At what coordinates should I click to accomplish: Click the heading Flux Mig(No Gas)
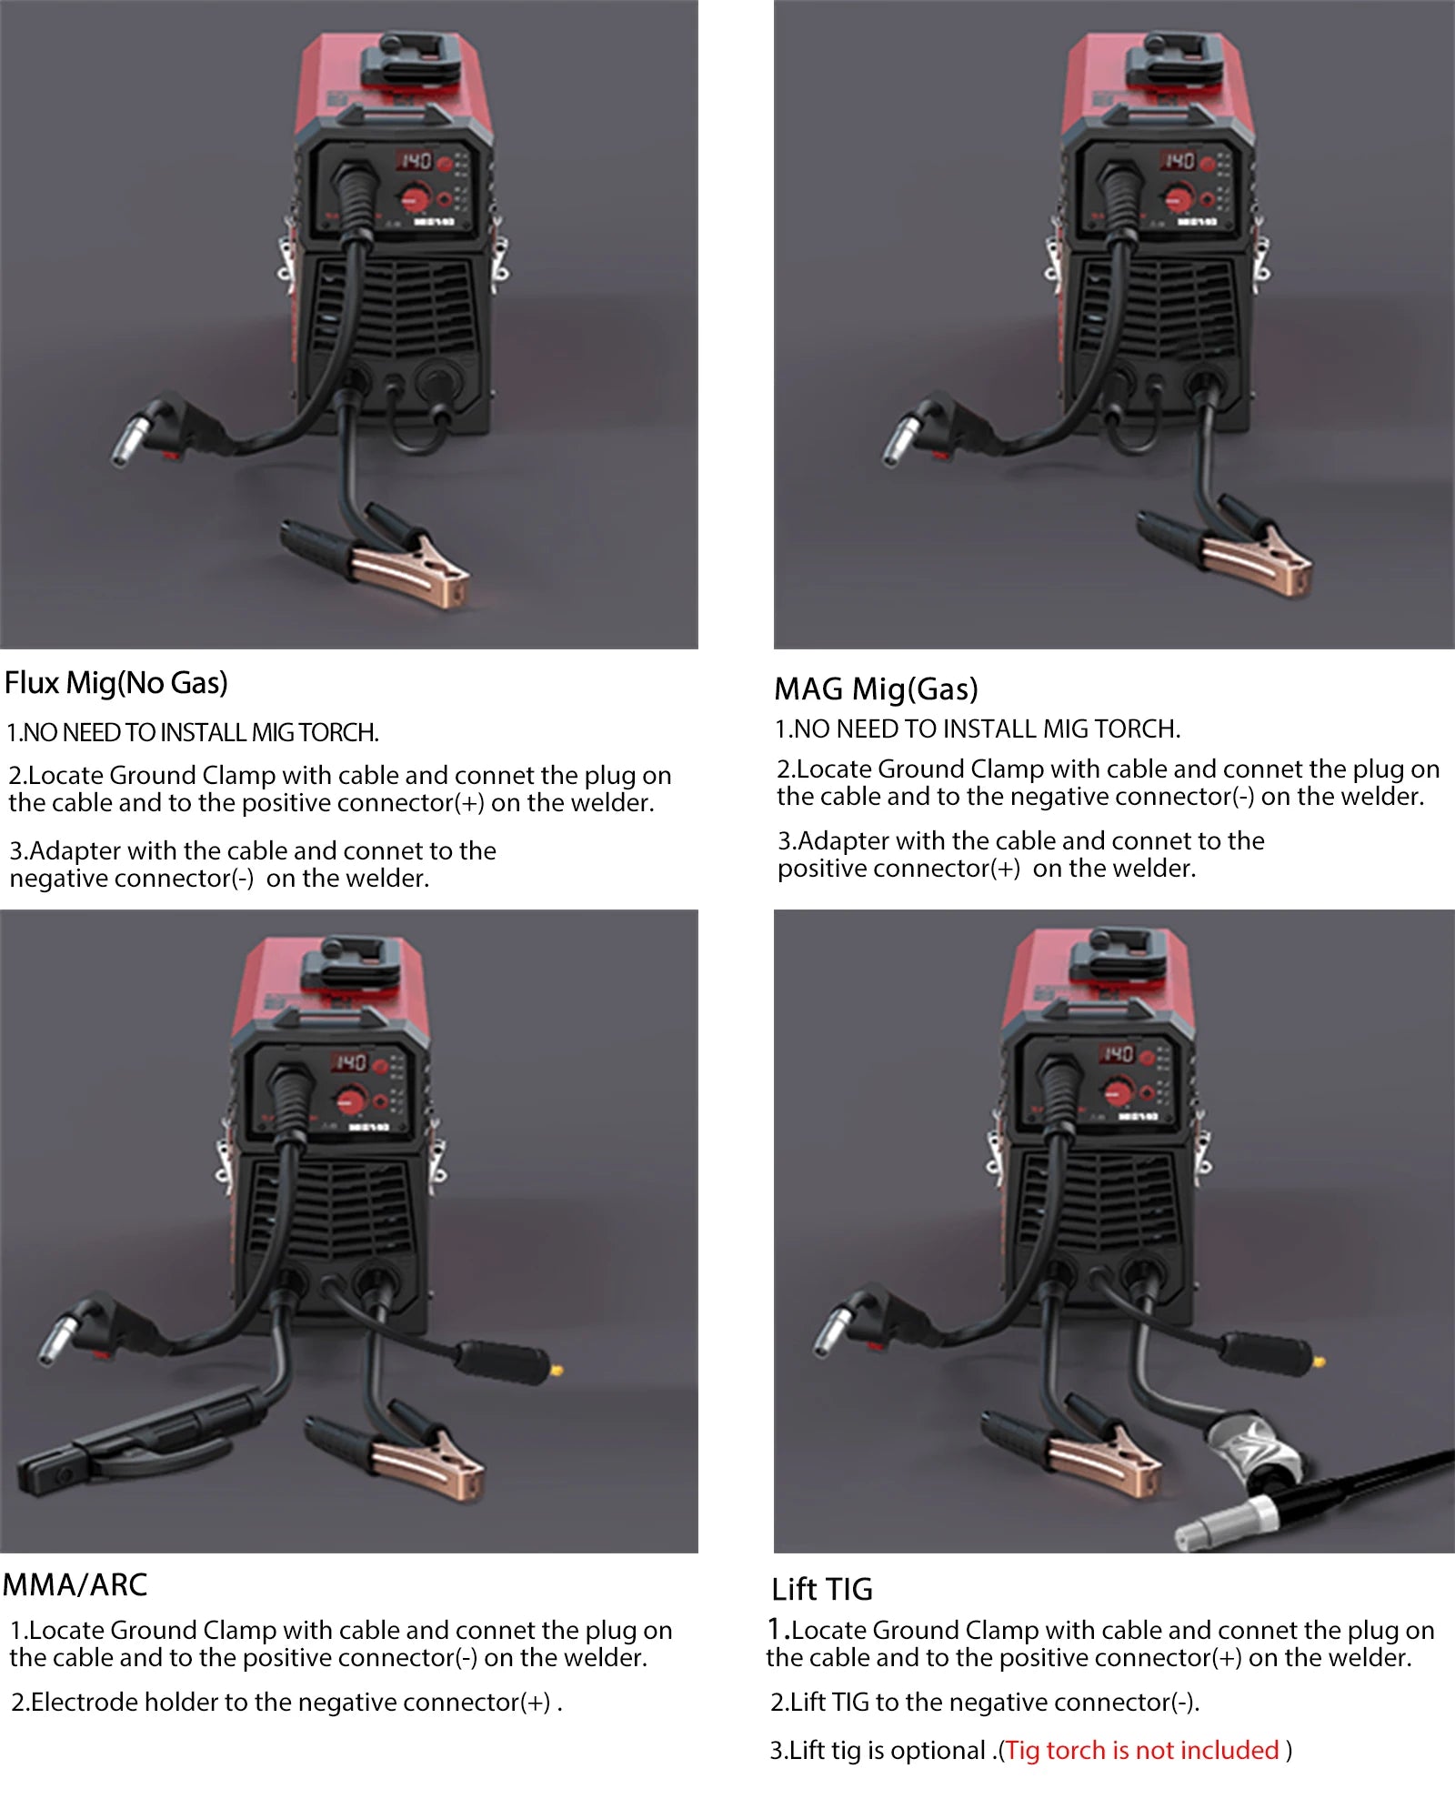pyautogui.click(x=116, y=683)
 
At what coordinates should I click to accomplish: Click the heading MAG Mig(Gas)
pyautogui.click(x=876, y=689)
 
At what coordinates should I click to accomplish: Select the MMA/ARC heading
pyautogui.click(x=75, y=1585)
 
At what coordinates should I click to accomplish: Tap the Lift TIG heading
pyautogui.click(x=821, y=1589)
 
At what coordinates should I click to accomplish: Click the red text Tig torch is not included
pyautogui.click(x=1142, y=1750)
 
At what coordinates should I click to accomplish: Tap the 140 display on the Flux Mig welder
pyautogui.click(x=416, y=161)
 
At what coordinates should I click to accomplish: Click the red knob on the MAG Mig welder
pyautogui.click(x=1179, y=197)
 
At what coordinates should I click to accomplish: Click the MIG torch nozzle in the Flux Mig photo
pyautogui.click(x=132, y=439)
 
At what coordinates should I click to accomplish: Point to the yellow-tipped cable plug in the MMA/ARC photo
pyautogui.click(x=557, y=1370)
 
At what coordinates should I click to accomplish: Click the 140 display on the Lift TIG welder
pyautogui.click(x=1118, y=1054)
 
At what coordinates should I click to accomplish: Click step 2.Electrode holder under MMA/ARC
pyautogui.click(x=286, y=1702)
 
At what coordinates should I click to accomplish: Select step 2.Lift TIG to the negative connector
pyautogui.click(x=984, y=1702)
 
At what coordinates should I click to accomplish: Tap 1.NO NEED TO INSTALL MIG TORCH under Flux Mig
pyautogui.click(x=193, y=732)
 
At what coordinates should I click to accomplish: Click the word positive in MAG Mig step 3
pyautogui.click(x=821, y=869)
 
